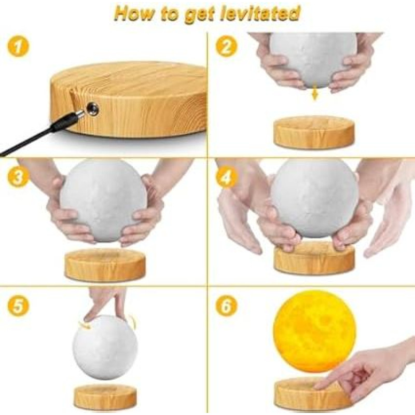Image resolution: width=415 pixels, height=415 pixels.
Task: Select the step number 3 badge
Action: (18, 177)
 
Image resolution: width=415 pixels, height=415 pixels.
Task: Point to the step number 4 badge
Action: (226, 177)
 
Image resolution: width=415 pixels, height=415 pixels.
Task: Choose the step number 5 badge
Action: (18, 306)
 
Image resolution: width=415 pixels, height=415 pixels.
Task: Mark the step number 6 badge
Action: (226, 306)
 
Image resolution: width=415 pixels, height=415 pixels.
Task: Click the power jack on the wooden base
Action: (93, 108)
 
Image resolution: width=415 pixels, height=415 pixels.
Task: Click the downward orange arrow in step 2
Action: (314, 94)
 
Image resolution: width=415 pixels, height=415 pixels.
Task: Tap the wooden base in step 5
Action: (105, 397)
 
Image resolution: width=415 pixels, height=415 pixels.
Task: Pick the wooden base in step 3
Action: (105, 265)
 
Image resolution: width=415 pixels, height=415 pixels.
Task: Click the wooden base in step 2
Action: (314, 133)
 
